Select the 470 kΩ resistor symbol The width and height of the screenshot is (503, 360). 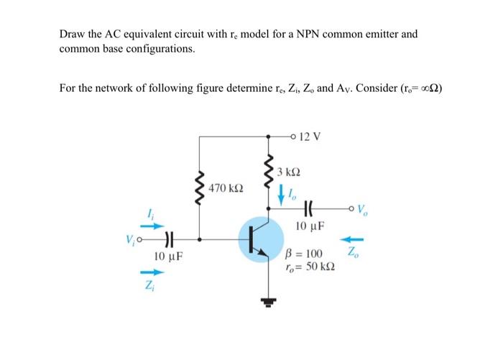pyautogui.click(x=198, y=191)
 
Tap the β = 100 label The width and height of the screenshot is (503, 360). pyautogui.click(x=306, y=254)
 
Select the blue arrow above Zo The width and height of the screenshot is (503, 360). pyautogui.click(x=357, y=239)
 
